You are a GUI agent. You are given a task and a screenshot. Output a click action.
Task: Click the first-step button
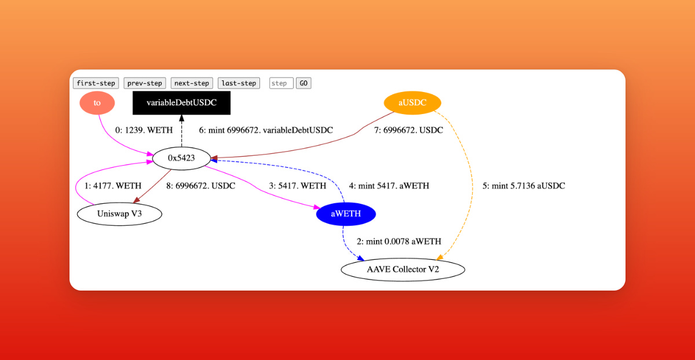[x=96, y=83]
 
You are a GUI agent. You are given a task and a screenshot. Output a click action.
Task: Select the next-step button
[x=192, y=83]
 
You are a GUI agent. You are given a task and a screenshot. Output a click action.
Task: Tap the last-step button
[x=239, y=83]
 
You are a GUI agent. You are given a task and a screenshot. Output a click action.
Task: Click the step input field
[x=281, y=83]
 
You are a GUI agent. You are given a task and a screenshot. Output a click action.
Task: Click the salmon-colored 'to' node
[x=97, y=103]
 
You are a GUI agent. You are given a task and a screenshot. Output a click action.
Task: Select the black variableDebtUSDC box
[x=181, y=103]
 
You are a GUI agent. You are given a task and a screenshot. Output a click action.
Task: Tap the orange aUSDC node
[x=412, y=103]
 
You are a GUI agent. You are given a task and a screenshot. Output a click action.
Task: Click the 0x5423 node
[x=181, y=158]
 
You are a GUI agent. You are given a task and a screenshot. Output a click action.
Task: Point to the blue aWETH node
[x=346, y=214]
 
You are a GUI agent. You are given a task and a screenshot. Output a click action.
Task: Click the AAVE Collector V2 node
[x=403, y=270]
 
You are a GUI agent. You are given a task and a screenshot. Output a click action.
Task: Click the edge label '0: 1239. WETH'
[x=144, y=131]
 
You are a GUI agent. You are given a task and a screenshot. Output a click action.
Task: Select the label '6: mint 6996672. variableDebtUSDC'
[x=266, y=131]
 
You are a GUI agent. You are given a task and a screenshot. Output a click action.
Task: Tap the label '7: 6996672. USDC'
[x=408, y=131]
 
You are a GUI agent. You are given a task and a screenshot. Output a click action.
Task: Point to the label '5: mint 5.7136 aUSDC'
[x=524, y=186]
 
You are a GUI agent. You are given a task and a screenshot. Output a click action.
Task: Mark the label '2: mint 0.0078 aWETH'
[x=399, y=242]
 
